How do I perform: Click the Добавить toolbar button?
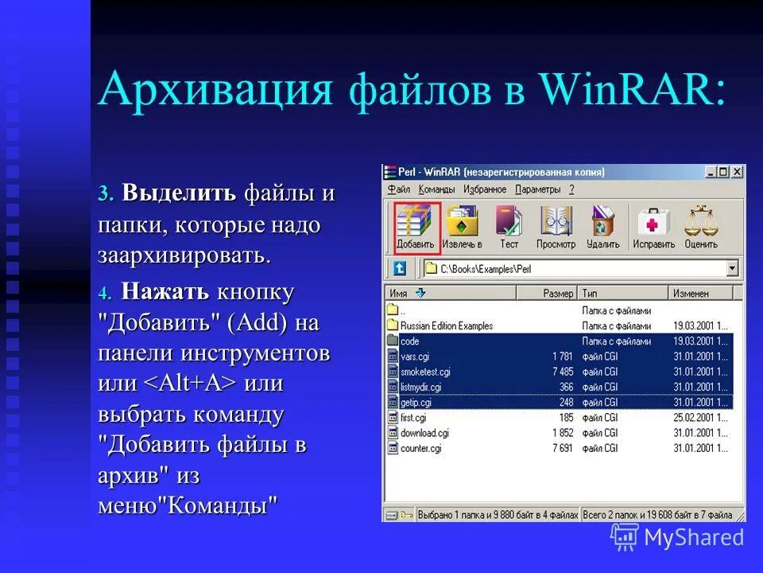416,228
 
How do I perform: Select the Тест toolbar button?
509,228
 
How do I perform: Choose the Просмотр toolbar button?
556,228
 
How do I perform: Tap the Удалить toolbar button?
602,228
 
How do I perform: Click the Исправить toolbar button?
653,228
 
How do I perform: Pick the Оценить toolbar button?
700,228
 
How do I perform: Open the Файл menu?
399,189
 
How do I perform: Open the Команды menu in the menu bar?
436,189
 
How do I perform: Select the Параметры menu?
538,189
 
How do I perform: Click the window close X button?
737,172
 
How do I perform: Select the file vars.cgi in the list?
415,356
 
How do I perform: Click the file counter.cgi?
420,448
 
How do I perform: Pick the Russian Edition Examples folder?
446,325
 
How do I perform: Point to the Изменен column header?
691,294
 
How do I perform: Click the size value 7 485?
563,372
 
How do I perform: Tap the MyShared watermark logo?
677,538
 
